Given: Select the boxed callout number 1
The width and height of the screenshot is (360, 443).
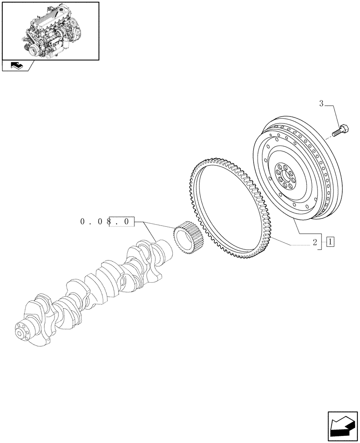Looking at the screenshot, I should click(x=330, y=242).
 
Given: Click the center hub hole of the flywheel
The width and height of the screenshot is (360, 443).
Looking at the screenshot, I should click(x=284, y=177).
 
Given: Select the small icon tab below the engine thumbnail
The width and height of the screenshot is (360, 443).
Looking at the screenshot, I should click(x=17, y=66).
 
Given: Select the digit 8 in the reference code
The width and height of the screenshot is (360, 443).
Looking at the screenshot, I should click(x=107, y=221).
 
